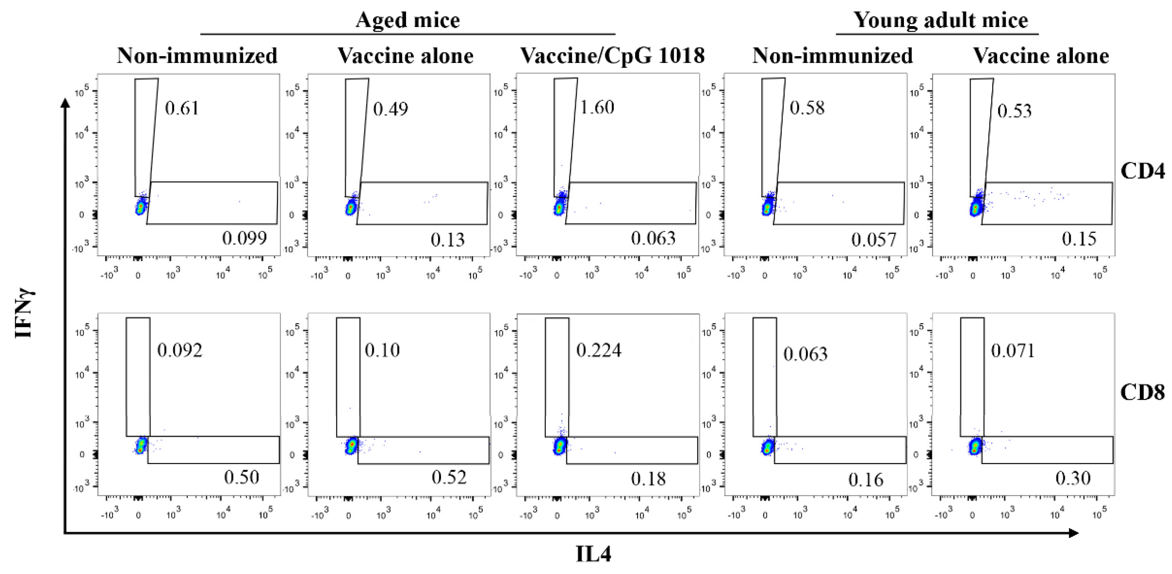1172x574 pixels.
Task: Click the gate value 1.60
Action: pyautogui.click(x=597, y=107)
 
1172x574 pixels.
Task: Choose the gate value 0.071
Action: pyautogui.click(x=1013, y=350)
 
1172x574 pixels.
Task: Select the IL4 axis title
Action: pyautogui.click(x=593, y=554)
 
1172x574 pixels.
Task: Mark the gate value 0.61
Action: pyautogui.click(x=181, y=108)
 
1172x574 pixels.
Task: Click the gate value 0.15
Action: pyautogui.click(x=1079, y=239)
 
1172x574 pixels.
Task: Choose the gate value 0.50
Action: pyautogui.click(x=241, y=477)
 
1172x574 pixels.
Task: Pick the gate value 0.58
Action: pyautogui.click(x=807, y=108)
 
